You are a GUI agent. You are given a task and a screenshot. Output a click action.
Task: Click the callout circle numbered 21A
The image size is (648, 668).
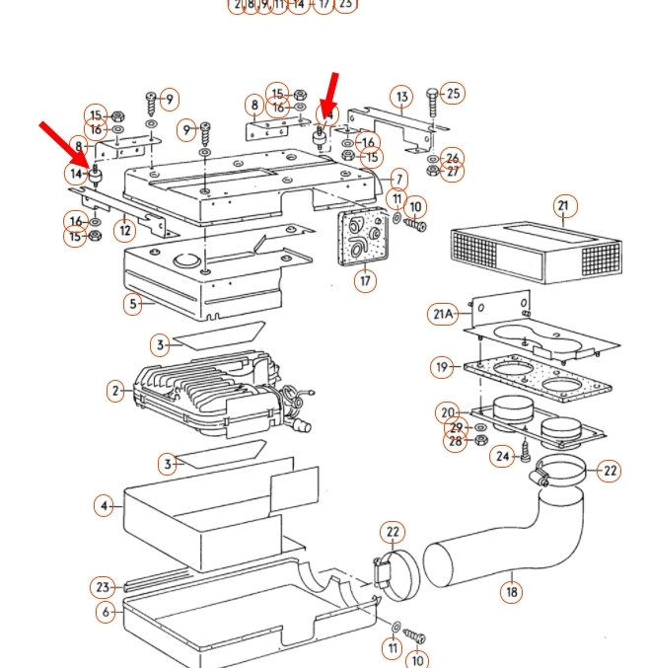443,314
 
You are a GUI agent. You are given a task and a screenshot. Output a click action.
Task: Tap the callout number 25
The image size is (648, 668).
453,94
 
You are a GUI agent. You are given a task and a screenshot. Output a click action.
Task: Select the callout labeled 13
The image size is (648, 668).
401,97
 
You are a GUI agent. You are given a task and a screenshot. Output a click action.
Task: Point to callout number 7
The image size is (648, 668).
398,180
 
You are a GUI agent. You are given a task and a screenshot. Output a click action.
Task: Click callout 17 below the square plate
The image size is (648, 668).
366,281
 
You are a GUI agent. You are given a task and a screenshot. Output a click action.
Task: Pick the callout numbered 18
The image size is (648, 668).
511,591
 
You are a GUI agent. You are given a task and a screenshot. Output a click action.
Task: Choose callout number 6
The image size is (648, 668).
106,612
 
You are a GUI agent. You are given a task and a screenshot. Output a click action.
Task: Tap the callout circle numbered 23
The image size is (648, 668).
104,587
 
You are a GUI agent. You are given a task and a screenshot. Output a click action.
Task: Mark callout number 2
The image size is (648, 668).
116,391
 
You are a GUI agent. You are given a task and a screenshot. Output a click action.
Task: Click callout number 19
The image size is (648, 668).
442,367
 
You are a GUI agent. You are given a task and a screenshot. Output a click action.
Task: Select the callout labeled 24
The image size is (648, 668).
504,456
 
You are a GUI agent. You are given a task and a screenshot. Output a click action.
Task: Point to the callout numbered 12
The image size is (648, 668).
124,231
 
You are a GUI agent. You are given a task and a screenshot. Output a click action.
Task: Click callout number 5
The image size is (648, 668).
133,304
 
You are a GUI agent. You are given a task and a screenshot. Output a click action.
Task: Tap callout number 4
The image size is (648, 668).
105,506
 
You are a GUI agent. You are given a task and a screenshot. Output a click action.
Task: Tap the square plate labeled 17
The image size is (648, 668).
357,237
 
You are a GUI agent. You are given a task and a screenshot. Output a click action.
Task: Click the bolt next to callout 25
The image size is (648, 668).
432,107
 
